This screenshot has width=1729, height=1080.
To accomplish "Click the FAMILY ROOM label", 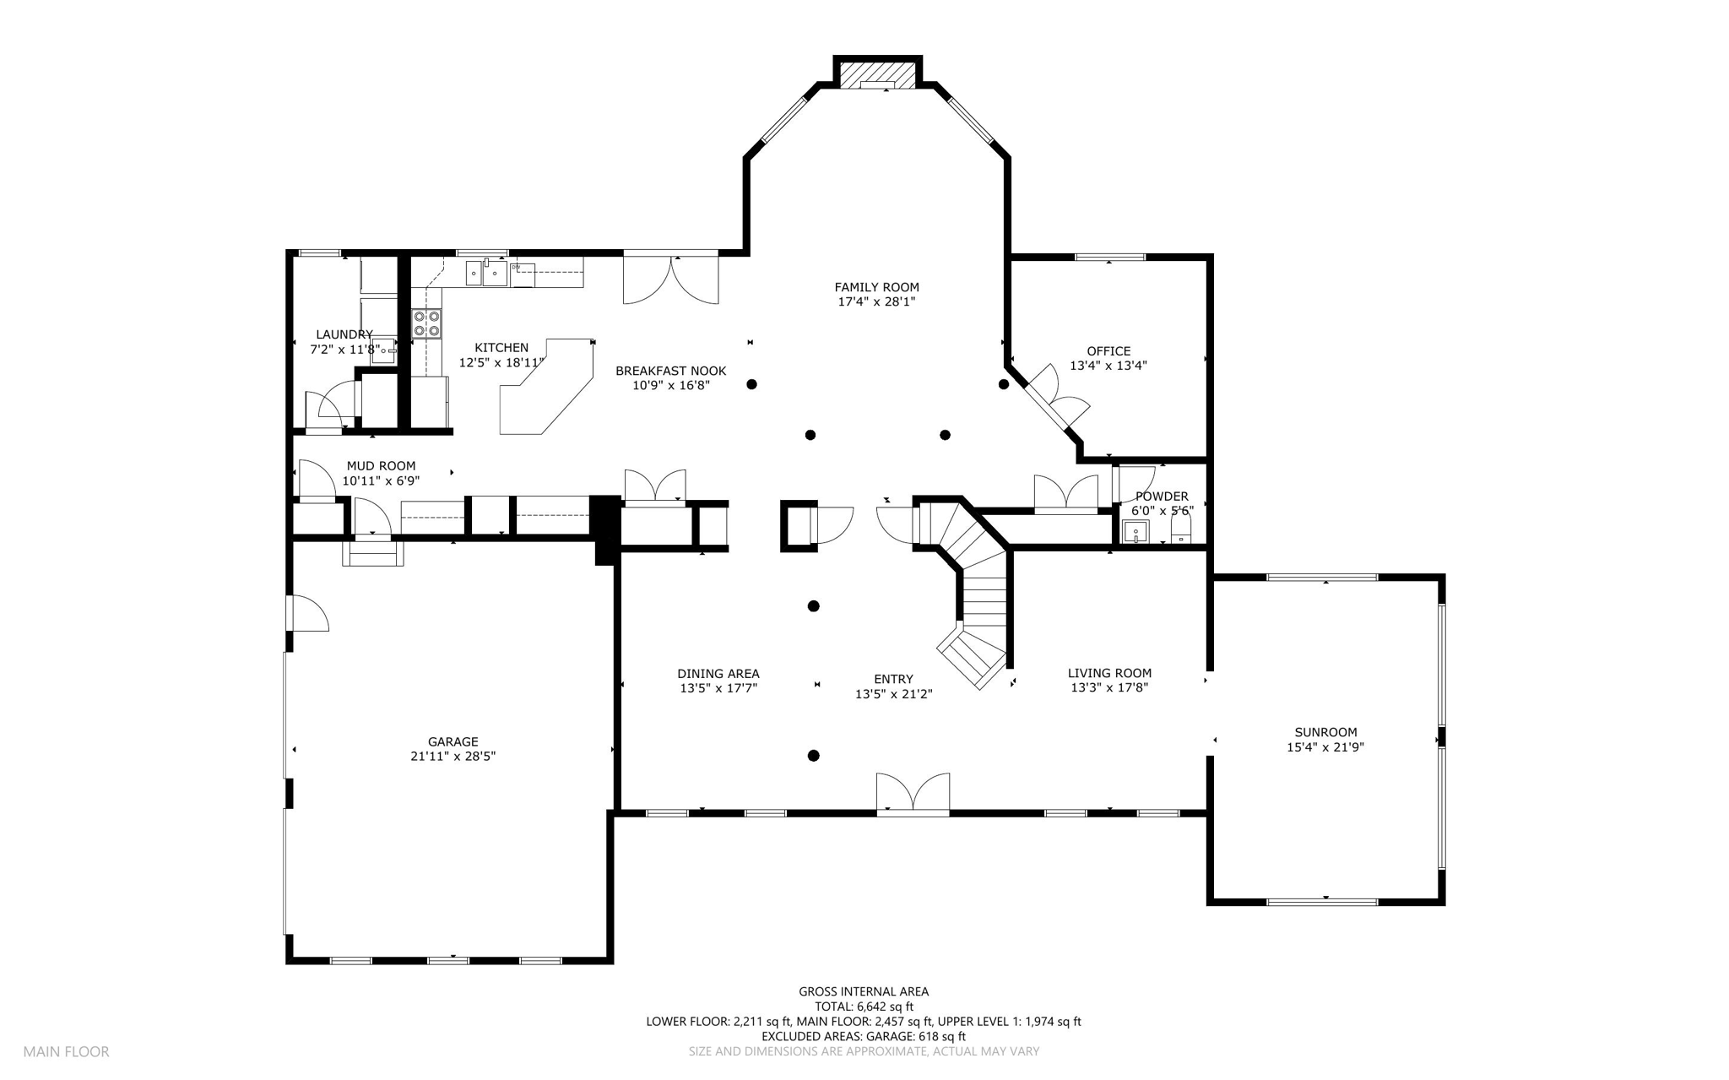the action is (x=876, y=287).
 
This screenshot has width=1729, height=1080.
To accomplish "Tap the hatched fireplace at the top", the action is (x=878, y=73).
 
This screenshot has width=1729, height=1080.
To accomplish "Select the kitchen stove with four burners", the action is (x=427, y=324).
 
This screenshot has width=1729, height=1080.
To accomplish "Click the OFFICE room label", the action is (x=1108, y=351).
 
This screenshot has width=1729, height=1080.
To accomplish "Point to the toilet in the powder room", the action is (x=1180, y=528).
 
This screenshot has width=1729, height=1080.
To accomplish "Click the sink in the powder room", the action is (x=1136, y=532).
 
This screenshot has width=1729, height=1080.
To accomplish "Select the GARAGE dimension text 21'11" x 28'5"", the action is (x=453, y=757).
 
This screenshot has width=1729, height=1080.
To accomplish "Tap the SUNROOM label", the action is (x=1325, y=732).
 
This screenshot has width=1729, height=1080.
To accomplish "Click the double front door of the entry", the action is (x=913, y=794).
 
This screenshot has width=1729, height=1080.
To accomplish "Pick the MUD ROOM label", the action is (x=381, y=466).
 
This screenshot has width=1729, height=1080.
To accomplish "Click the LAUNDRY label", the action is (x=344, y=334).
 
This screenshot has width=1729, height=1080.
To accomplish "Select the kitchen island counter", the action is (x=547, y=387).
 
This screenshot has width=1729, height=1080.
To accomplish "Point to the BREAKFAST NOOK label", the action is (x=670, y=371).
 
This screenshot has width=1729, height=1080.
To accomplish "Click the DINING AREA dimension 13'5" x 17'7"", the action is (x=718, y=688).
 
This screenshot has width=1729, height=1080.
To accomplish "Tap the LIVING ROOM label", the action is (x=1109, y=673).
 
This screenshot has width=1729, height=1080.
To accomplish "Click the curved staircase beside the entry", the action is (x=971, y=591).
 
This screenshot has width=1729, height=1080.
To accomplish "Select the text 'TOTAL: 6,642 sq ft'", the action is (x=864, y=1007).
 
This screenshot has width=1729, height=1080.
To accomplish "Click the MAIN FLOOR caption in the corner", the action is (x=66, y=1052).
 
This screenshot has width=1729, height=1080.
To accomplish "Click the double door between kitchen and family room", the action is (x=670, y=279).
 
